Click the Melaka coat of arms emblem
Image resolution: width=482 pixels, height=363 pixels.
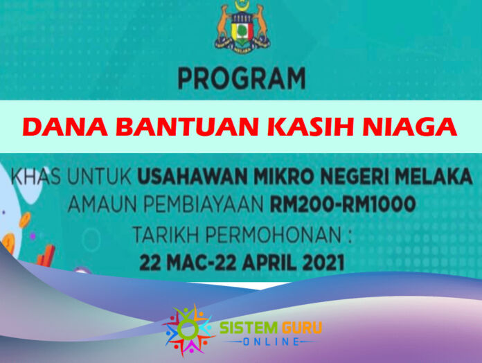242,26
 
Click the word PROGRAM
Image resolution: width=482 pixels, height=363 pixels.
242,79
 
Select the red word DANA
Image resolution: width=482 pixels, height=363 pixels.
65,127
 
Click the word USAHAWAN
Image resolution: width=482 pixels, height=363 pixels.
193,176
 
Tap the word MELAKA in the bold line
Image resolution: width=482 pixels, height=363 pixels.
434,176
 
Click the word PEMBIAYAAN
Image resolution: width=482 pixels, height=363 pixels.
203,204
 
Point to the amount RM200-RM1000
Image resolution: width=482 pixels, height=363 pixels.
343,204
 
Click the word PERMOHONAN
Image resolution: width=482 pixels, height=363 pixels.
274,235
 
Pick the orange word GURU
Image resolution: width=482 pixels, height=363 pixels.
302,328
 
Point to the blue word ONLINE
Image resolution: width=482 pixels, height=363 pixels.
271,342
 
